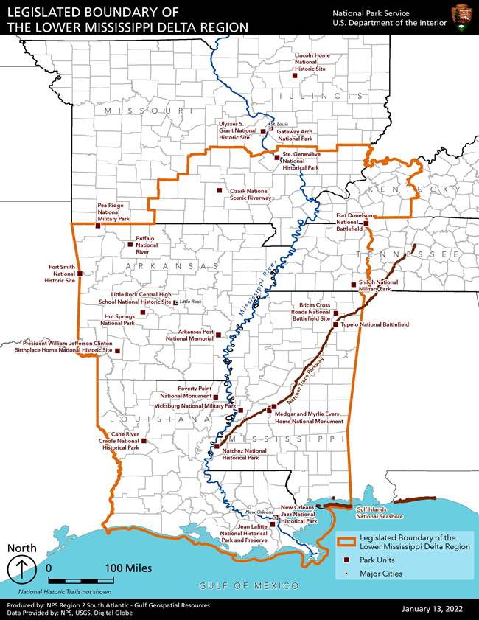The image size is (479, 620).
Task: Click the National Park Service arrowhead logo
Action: [x=461, y=17]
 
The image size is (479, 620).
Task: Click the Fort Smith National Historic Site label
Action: [x=60, y=274]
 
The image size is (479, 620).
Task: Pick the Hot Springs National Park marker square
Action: [x=142, y=313]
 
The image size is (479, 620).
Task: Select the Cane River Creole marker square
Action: [x=144, y=442]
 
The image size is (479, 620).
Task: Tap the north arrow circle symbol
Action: [x=22, y=569]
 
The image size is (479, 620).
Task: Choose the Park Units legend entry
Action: [x=378, y=560]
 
